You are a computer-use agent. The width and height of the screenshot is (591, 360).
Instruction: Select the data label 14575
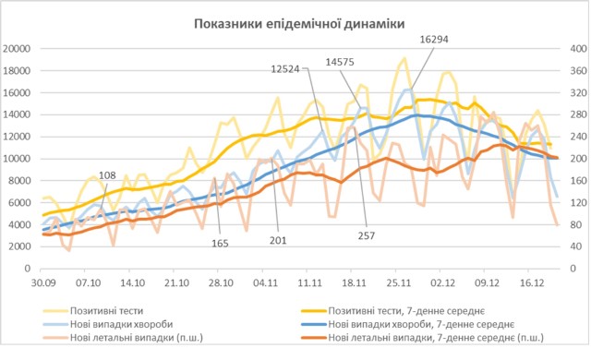pos(344,62)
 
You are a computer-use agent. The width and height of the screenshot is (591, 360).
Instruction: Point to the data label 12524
pos(288,69)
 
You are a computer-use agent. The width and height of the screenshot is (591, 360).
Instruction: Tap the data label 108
pos(107,175)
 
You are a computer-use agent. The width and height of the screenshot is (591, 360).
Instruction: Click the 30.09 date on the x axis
pos(42,284)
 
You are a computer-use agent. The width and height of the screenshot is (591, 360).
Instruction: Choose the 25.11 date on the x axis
pos(398,284)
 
